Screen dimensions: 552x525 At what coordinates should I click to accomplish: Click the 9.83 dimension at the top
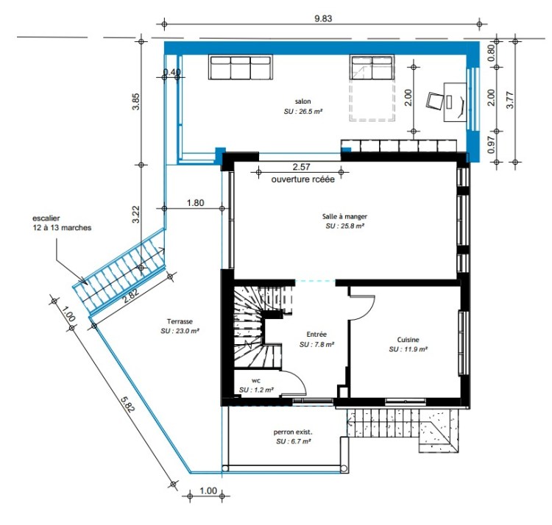pyautogui.click(x=323, y=18)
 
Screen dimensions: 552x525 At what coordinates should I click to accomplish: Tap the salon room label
pyautogui.click(x=302, y=101)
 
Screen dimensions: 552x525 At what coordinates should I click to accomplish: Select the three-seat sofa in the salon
pyautogui.click(x=241, y=67)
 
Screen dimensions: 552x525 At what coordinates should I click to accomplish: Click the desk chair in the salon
pyautogui.click(x=436, y=101)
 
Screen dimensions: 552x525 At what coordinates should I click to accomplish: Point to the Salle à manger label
pyautogui.click(x=344, y=216)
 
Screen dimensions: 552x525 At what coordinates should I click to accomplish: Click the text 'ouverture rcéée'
pyautogui.click(x=302, y=179)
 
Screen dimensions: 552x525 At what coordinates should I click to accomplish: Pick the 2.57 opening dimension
pyautogui.click(x=301, y=167)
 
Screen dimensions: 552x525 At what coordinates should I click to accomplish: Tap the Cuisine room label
pyautogui.click(x=408, y=339)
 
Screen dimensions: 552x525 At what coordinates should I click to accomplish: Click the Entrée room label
pyautogui.click(x=316, y=335)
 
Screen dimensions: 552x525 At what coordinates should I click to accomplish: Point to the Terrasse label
pyautogui.click(x=180, y=321)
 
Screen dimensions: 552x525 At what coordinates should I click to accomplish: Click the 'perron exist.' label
pyautogui.click(x=293, y=432)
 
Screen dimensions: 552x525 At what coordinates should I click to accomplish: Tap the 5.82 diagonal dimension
pyautogui.click(x=127, y=404)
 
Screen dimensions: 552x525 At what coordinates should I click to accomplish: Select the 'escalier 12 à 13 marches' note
pyautogui.click(x=62, y=223)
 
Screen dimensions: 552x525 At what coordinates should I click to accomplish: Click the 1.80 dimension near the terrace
pyautogui.click(x=195, y=202)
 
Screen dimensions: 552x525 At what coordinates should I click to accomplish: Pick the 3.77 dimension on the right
pyautogui.click(x=510, y=100)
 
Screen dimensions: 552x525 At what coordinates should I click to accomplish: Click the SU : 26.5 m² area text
pyautogui.click(x=303, y=112)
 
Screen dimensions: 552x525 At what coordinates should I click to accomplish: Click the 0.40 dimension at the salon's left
pyautogui.click(x=172, y=72)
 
